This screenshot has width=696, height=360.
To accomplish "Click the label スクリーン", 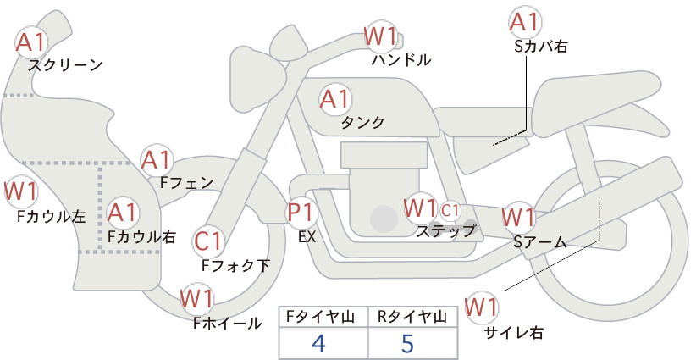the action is point(65,65).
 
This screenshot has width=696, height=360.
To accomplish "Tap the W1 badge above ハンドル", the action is point(380,36).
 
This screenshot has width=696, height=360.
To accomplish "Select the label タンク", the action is point(362,122).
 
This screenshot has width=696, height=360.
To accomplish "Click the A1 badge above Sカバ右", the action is point(525,22).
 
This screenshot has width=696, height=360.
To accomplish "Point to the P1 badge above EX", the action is point(301,213).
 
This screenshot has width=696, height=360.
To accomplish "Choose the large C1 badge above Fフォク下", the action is point(207,242).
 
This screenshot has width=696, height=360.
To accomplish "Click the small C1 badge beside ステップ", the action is point(450,211).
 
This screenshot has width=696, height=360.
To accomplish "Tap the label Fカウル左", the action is point(51,216).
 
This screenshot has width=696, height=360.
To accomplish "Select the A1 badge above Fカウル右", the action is point(123,213).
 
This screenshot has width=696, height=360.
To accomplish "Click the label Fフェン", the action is point(186,182).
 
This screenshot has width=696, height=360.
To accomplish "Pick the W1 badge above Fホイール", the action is point(196,298).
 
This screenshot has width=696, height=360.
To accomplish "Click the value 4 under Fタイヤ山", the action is point(318,343).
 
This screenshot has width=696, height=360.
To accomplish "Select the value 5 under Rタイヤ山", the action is point(407,343).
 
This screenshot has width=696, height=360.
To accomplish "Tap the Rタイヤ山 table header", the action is point(412,317).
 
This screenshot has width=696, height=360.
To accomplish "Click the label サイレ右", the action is point(514,333).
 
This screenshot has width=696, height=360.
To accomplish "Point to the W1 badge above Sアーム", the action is point(518,218).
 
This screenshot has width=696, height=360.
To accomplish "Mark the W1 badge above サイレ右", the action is point(481,307).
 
